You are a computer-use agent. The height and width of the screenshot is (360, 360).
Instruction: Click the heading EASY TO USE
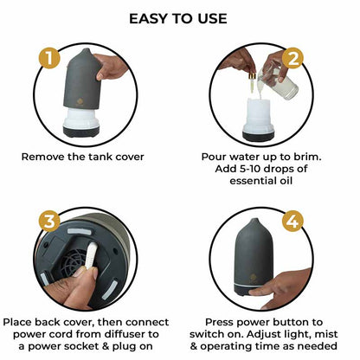pos(178,18)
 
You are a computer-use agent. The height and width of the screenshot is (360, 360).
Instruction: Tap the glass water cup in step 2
pos(286,84)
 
